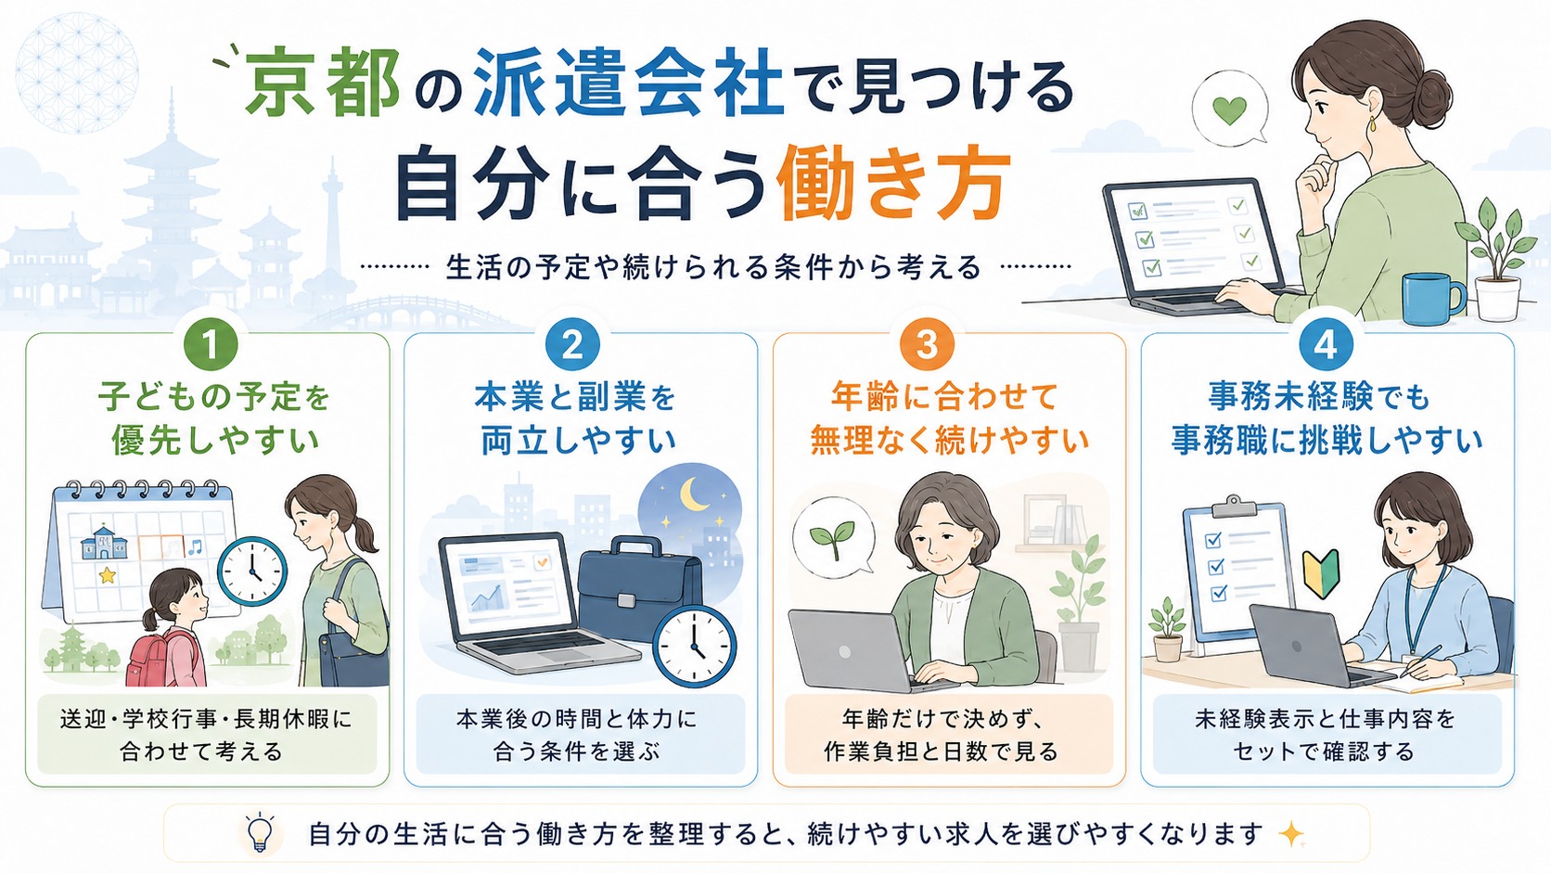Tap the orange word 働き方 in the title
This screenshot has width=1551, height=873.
coord(893,182)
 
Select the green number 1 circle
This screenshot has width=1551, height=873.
coord(211,344)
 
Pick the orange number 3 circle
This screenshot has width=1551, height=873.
coord(927,344)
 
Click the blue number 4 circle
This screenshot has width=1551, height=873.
coord(1326,344)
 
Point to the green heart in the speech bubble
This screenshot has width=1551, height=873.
coord(1230,110)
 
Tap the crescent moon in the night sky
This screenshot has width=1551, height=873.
coord(695,494)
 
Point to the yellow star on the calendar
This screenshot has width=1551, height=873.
coord(108,574)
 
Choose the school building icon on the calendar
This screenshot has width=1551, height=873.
coord(105,543)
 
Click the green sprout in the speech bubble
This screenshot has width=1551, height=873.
coord(832,539)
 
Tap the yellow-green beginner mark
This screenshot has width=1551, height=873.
coord(1321,573)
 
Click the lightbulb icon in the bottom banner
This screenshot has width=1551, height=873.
coord(261,832)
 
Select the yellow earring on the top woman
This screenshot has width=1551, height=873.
coord(1372,125)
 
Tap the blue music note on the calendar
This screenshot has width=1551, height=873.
coord(195,547)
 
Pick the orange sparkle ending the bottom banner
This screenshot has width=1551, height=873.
coord(1291,833)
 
